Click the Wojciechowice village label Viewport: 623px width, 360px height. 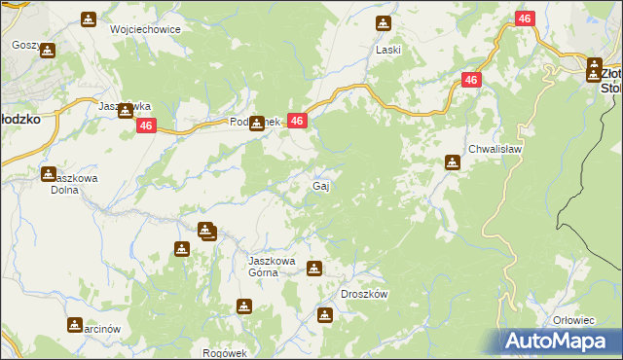[x=146, y=29]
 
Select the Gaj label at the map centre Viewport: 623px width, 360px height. [x=319, y=186]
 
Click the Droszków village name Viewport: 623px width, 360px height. [x=365, y=294]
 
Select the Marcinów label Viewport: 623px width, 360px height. [x=96, y=329]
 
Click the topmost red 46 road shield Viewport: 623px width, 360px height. [x=525, y=19]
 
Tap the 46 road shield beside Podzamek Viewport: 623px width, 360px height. [x=298, y=121]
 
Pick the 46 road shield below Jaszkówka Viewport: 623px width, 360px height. [x=146, y=126]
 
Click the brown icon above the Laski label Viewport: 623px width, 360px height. [x=384, y=23]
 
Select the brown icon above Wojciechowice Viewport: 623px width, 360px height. [x=89, y=18]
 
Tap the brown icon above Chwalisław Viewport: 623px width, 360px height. [x=453, y=162]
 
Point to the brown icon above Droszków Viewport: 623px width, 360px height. [x=324, y=314]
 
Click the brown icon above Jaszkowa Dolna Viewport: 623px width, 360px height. [x=49, y=174]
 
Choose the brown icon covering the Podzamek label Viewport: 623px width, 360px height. [x=257, y=124]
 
